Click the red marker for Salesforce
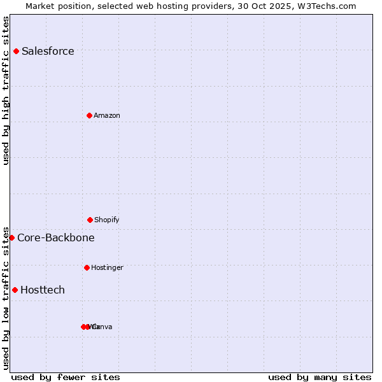(x=16, y=51)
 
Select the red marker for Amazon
(x=89, y=115)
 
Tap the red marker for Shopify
(x=90, y=220)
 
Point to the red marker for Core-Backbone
(x=11, y=237)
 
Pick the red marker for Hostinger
(x=87, y=267)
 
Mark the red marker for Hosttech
(x=15, y=290)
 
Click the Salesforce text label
(x=48, y=52)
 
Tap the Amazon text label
(x=107, y=116)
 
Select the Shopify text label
(x=107, y=220)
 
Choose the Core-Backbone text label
(x=56, y=238)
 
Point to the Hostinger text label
(x=107, y=268)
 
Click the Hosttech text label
(x=43, y=290)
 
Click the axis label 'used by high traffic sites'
(x=6, y=90)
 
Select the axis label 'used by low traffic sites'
(x=6, y=297)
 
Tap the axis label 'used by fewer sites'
(x=66, y=377)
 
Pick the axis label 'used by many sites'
(x=320, y=377)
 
